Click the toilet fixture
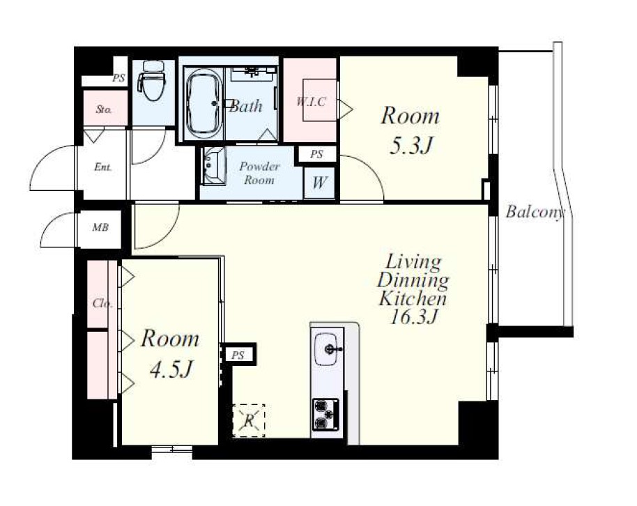click(x=151, y=80)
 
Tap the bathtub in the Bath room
click(x=204, y=104)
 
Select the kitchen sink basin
click(x=326, y=348)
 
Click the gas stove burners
click(x=325, y=414)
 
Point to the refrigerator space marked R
click(x=249, y=421)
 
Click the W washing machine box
click(x=319, y=183)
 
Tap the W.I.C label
click(x=311, y=101)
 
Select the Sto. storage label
click(x=104, y=109)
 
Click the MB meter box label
click(x=100, y=227)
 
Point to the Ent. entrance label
click(x=102, y=167)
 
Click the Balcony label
click(x=535, y=212)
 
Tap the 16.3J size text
click(x=413, y=317)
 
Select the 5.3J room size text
click(x=410, y=145)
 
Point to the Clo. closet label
click(x=102, y=303)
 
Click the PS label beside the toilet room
click(x=118, y=77)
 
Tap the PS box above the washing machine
click(x=317, y=154)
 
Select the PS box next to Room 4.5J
click(x=238, y=355)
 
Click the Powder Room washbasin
click(x=212, y=166)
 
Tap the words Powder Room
click(x=259, y=173)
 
